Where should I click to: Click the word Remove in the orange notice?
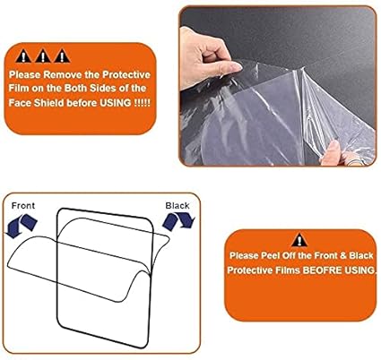click(63, 74)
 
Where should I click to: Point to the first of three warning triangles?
click(23, 56)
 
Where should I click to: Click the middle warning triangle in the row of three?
click(43, 56)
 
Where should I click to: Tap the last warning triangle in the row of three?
click(62, 56)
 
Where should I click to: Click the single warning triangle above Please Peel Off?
click(299, 240)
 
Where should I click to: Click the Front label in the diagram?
click(23, 206)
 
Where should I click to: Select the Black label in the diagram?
click(178, 206)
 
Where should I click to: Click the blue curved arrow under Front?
click(22, 226)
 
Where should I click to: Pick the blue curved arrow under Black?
click(178, 221)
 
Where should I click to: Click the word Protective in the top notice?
click(126, 74)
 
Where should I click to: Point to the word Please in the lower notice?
click(244, 256)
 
